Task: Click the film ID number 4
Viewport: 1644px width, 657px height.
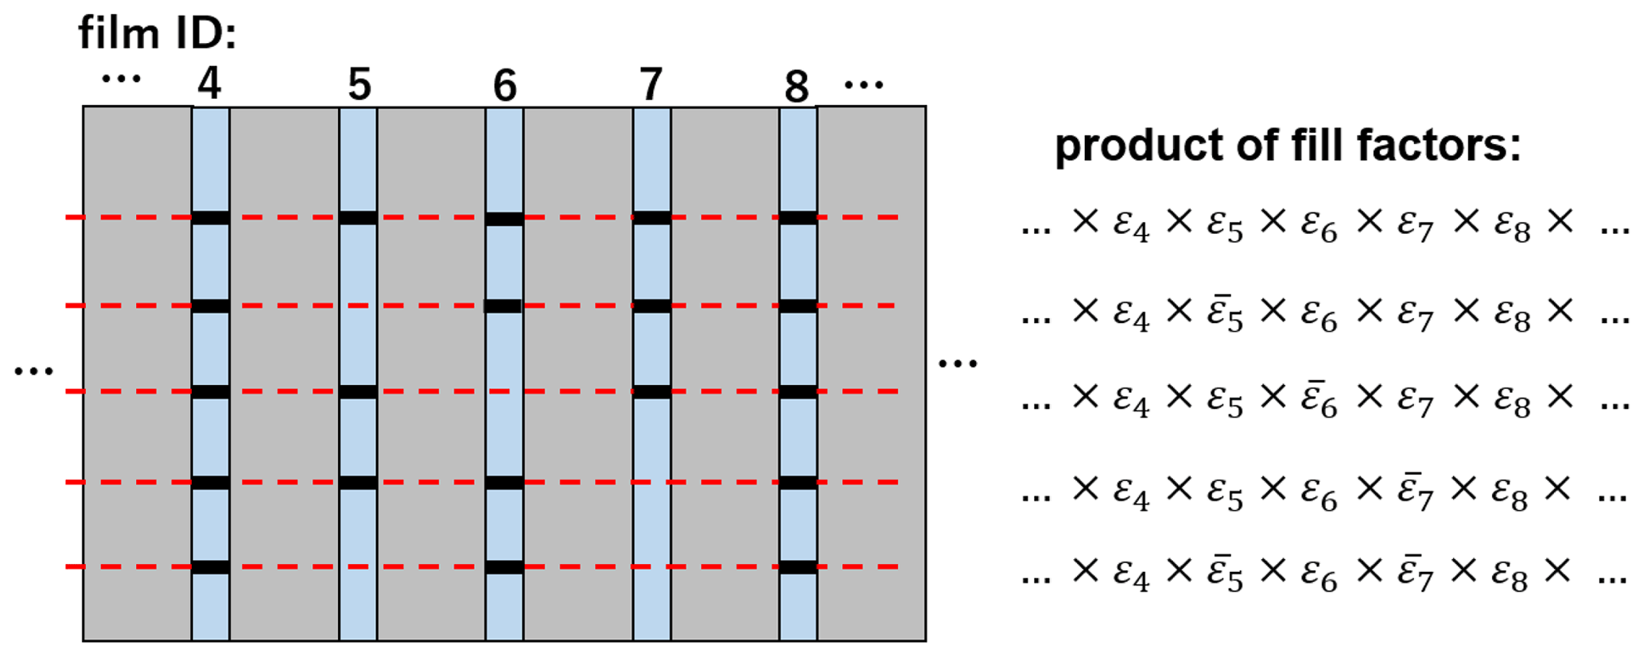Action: [209, 84]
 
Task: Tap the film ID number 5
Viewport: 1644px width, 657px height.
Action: [360, 84]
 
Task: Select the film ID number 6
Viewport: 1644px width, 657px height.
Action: [505, 86]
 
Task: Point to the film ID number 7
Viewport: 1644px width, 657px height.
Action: [651, 84]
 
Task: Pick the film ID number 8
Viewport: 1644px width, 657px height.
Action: [796, 87]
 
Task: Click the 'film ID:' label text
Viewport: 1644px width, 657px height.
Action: [157, 34]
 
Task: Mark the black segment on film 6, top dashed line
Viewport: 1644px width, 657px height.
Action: [504, 219]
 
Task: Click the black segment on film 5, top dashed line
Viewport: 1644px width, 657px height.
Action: [358, 218]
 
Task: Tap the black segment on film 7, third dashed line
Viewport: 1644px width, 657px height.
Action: [651, 391]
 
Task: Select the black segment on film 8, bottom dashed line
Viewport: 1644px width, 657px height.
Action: [798, 567]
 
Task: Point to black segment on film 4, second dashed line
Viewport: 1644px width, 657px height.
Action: [211, 306]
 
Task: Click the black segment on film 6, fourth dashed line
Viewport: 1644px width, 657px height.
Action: [504, 483]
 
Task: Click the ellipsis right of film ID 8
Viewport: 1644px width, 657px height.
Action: [864, 84]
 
